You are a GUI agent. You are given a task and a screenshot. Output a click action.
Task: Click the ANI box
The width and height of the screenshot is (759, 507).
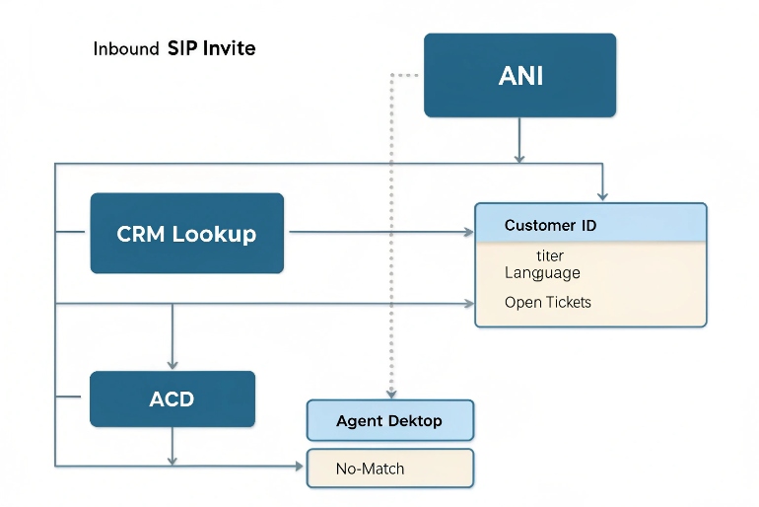coord(519,76)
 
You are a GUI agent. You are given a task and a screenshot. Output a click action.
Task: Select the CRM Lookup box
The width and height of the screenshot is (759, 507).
coord(186,234)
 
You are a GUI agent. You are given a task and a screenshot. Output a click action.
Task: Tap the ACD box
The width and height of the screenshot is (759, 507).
coord(172,399)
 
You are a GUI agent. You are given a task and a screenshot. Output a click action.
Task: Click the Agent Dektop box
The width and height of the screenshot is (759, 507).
coord(390,420)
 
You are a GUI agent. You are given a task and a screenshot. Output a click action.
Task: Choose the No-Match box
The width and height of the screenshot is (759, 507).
coord(390,469)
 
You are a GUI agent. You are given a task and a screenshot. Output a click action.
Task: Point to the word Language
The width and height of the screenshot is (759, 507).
coord(542,272)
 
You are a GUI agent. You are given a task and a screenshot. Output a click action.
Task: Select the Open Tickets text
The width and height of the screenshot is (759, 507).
coord(547,302)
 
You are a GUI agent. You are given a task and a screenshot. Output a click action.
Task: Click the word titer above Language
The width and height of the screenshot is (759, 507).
coord(550,255)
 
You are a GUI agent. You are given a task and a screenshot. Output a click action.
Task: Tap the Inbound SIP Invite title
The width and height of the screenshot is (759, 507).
coord(174,48)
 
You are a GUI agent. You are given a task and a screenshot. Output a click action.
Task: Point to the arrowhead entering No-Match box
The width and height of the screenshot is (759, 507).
coord(301,466)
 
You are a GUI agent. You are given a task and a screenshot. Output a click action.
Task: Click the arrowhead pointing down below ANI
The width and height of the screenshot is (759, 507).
coord(519,157)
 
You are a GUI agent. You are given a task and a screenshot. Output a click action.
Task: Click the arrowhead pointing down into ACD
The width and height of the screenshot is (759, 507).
coord(173,365)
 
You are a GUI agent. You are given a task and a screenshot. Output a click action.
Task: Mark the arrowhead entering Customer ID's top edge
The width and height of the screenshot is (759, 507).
coord(602,196)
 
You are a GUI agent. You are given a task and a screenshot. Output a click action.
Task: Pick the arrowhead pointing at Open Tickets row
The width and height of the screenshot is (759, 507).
coord(469,303)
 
